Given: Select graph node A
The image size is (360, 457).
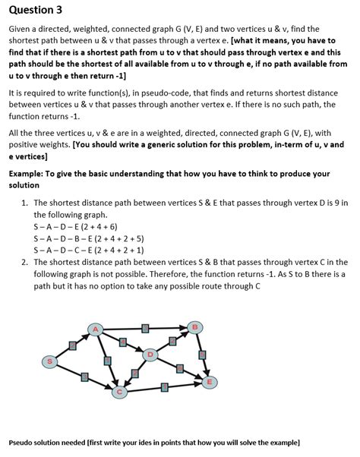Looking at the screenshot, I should point(95,328).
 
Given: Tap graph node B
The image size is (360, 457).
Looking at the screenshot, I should point(196,327).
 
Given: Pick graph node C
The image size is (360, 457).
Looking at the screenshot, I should point(118,392).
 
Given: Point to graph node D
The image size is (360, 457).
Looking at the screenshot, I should point(151,355).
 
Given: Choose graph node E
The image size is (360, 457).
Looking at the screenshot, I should point(209,381).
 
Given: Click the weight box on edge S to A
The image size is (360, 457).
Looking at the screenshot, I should point(73,345).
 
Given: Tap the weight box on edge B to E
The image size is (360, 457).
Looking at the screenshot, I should point(203,355).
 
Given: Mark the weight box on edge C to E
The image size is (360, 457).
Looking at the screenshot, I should point(164,387).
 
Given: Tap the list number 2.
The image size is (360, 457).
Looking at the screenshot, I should point(25,262).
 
